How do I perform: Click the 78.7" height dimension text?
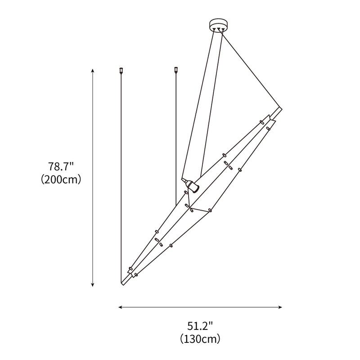(x=60, y=167)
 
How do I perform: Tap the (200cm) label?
(x=60, y=180)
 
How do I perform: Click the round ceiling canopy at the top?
(x=219, y=24)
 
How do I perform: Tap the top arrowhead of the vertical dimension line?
(x=93, y=71)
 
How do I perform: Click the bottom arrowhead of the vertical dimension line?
(x=93, y=284)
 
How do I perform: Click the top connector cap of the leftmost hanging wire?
(x=121, y=70)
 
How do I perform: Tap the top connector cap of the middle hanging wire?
(x=176, y=70)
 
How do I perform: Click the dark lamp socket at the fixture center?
(x=193, y=186)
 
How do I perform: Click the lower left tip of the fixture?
(x=123, y=282)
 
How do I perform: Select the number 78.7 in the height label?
(x=58, y=167)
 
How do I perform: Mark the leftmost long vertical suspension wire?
(x=121, y=180)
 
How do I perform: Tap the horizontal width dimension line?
(x=200, y=307)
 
